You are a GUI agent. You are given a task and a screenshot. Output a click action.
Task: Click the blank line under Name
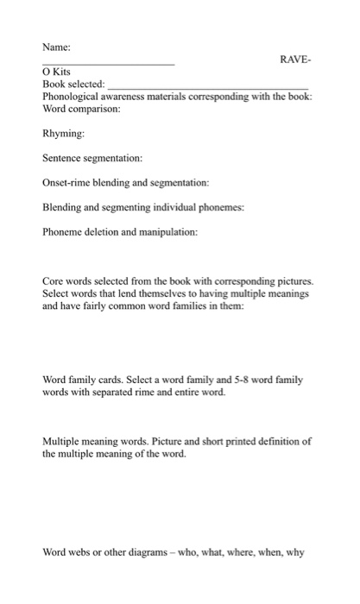(x=108, y=66)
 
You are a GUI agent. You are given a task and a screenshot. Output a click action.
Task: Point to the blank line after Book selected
(x=207, y=88)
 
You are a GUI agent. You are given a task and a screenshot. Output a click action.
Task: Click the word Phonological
(x=75, y=98)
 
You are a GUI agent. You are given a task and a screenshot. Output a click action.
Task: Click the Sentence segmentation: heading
(x=92, y=159)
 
